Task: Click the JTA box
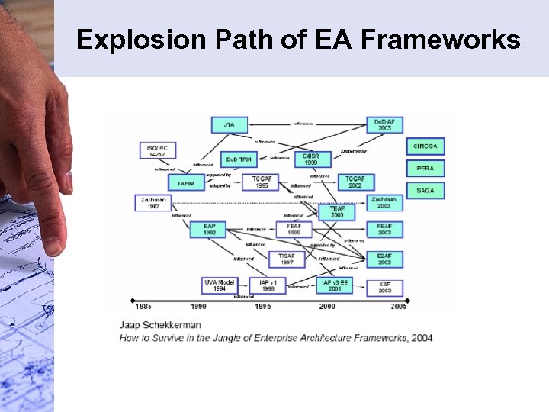click(x=230, y=124)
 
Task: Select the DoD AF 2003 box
click(x=385, y=124)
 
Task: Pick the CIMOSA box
click(x=425, y=146)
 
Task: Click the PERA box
click(x=425, y=169)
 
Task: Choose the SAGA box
click(x=425, y=190)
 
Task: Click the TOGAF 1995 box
click(x=262, y=182)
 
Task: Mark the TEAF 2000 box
click(x=337, y=211)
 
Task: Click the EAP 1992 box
click(x=209, y=229)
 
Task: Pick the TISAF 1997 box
click(x=287, y=258)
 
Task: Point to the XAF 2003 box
click(x=385, y=288)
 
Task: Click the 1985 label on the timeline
click(x=142, y=307)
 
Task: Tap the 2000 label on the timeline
click(x=326, y=307)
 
